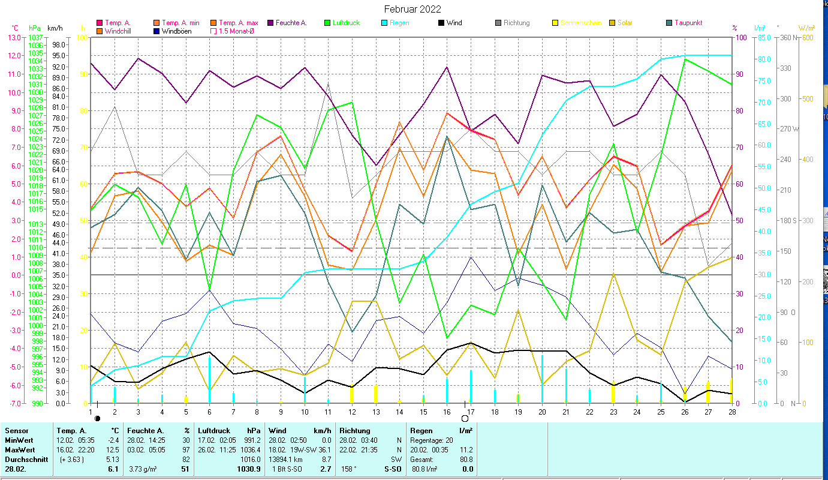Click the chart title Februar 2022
[x=413, y=9]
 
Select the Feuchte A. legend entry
[x=291, y=23]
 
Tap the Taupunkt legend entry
[x=688, y=23]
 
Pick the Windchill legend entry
[x=119, y=31]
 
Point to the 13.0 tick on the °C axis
[x=13, y=38]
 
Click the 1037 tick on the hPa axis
[x=35, y=38]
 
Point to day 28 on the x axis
[x=731, y=412]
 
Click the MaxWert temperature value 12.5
[x=113, y=449]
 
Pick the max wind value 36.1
[x=324, y=449]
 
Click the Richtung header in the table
[x=354, y=430]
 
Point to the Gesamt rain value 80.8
[x=465, y=459]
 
